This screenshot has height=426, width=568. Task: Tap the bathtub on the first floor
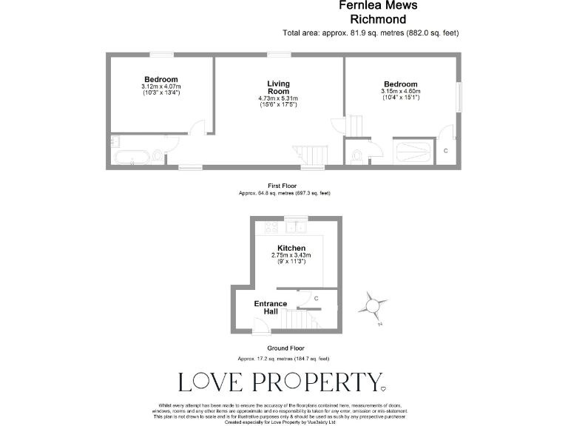click(130, 156)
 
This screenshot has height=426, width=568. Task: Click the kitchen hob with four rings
click(268, 229)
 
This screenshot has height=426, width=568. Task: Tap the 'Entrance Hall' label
click(271, 308)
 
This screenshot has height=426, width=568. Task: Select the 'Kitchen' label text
click(291, 248)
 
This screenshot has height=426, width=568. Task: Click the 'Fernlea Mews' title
click(378, 6)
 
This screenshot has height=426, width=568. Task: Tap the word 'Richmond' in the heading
click(378, 20)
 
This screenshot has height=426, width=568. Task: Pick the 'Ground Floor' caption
click(285, 348)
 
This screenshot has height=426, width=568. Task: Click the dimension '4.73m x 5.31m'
click(278, 98)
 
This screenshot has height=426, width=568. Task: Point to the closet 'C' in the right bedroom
click(445, 151)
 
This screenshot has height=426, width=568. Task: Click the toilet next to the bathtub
click(157, 155)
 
